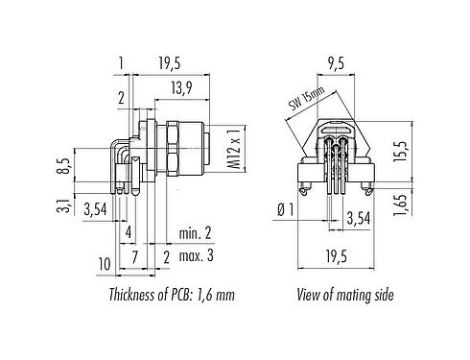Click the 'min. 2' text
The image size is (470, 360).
click(x=196, y=233)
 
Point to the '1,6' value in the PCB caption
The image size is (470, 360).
click(x=208, y=295)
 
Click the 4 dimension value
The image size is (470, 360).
click(x=127, y=232)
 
